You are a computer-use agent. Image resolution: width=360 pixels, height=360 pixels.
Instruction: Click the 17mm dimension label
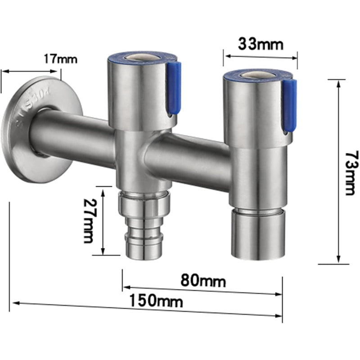(60, 59)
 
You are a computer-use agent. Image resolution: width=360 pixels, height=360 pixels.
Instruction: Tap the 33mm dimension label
(261, 44)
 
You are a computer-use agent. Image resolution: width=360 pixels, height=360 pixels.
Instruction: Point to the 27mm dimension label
(89, 222)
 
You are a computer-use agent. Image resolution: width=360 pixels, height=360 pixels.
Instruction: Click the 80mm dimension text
(203, 281)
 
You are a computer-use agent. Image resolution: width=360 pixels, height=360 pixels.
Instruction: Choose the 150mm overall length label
(156, 301)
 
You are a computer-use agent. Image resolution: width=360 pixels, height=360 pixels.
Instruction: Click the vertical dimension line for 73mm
(338, 171)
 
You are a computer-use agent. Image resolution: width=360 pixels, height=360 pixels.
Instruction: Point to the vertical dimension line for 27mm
(103, 222)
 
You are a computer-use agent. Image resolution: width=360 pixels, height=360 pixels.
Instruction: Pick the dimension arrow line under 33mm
(261, 56)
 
